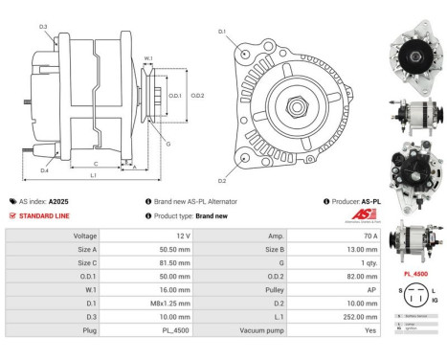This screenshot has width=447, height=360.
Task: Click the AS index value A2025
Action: pyautogui.click(x=58, y=202)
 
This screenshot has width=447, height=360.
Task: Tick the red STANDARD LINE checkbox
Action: pyautogui.click(x=11, y=216)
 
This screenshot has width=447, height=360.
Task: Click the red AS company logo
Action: pyautogui.click(x=353, y=218)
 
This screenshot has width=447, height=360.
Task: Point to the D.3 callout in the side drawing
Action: pyautogui.click(x=43, y=26)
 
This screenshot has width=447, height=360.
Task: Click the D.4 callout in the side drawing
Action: pyautogui.click(x=45, y=170)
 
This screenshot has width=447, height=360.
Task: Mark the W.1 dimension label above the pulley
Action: pyautogui.click(x=148, y=59)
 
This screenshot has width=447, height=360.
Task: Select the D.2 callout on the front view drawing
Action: pyautogui.click(x=221, y=180)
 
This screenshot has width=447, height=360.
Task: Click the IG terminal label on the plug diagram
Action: pyautogui.click(x=434, y=301)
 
